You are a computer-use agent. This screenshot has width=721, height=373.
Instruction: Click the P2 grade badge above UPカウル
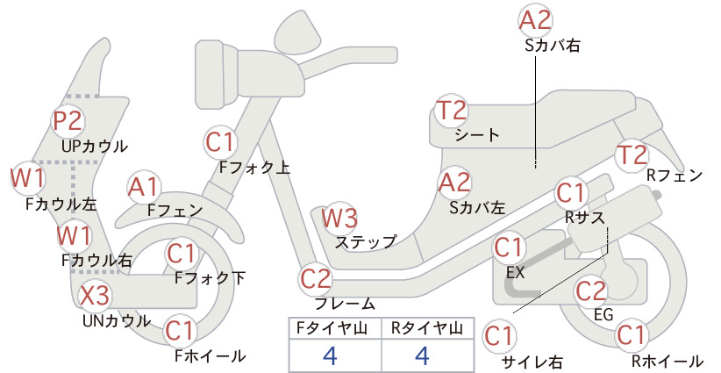[x=68, y=120]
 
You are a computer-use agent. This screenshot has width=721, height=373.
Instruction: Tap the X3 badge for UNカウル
[x=96, y=295]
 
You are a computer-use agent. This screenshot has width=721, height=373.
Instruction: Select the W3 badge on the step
[x=339, y=218]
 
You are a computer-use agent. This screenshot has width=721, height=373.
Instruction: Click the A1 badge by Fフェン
[x=144, y=188]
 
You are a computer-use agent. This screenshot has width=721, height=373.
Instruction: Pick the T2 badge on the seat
[x=451, y=111]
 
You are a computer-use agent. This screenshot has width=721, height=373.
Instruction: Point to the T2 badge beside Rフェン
[x=632, y=155]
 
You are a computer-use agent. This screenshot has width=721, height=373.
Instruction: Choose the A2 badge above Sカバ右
[x=535, y=21]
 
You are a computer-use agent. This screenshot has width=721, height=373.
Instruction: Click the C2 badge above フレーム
[x=316, y=279]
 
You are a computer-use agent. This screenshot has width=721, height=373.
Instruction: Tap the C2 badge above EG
[x=591, y=291]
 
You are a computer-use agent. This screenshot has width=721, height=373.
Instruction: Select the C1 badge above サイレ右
[x=499, y=336]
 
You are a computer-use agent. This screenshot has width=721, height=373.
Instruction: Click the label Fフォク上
[x=254, y=167]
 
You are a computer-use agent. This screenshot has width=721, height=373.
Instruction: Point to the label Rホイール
[x=667, y=362]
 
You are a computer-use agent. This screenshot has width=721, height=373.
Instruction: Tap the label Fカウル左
[x=61, y=204]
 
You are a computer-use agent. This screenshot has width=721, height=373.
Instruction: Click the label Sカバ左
[x=477, y=208]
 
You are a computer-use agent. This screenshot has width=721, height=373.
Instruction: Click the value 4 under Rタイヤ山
[x=423, y=355]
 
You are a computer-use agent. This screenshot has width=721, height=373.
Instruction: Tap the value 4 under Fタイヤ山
[x=330, y=355]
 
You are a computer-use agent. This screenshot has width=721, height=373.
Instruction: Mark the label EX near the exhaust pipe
[x=515, y=272]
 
